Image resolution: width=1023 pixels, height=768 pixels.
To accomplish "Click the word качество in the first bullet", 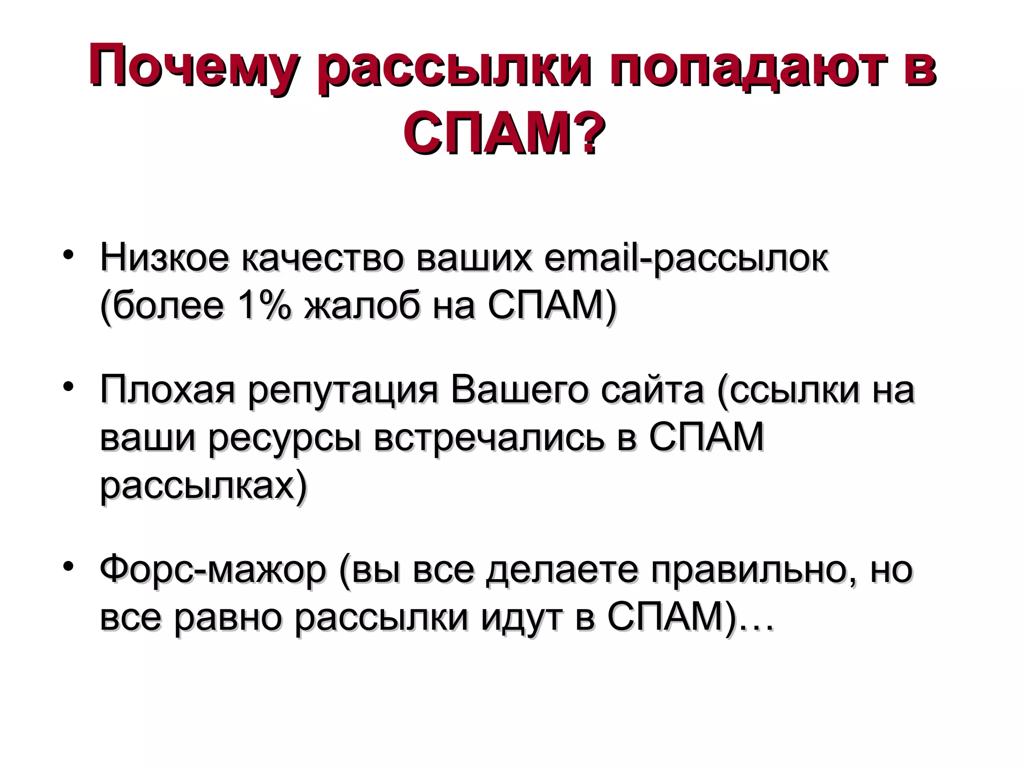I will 322,258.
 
